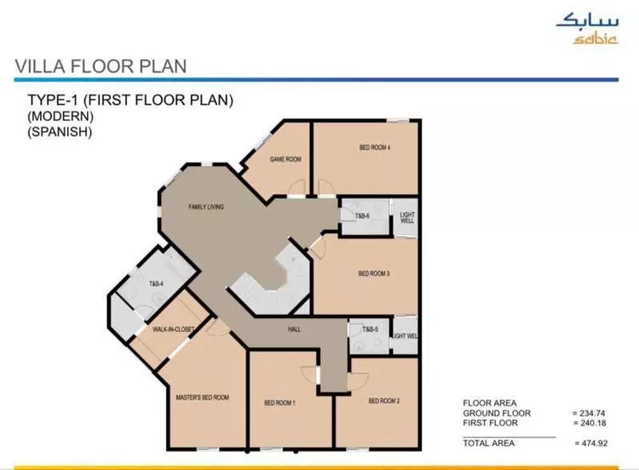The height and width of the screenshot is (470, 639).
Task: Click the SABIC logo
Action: point(587,29)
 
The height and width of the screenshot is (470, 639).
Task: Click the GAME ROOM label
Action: point(285,159)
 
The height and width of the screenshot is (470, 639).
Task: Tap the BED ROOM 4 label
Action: point(375,147)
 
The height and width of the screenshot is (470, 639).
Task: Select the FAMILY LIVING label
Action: point(206,207)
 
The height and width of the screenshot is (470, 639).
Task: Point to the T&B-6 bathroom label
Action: point(362,216)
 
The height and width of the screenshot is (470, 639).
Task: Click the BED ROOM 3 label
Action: point(374,273)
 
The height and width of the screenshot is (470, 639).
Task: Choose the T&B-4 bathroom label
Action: point(156,284)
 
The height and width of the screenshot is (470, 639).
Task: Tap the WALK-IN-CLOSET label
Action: point(173,329)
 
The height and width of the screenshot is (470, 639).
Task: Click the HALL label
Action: point(294,329)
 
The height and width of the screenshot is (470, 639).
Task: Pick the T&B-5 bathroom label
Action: point(370,329)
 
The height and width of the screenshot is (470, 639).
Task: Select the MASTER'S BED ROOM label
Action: point(203,397)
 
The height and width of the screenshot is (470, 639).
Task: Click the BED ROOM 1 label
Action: point(279,403)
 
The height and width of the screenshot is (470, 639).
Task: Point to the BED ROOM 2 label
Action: point(384,401)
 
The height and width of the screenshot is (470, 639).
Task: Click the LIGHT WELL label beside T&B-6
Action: point(406,217)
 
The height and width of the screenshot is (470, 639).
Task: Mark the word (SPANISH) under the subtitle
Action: point(60,132)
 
